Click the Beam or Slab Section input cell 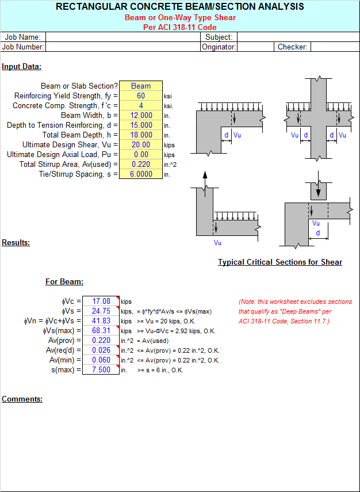click(141, 86)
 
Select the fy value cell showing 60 click(141, 96)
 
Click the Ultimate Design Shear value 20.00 click(141, 145)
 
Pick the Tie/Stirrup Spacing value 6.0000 click(141, 174)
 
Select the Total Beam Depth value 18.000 click(141, 135)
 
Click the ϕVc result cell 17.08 click(101, 301)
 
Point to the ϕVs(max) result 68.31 click(101, 330)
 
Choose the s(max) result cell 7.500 click(101, 369)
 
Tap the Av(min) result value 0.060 click(101, 360)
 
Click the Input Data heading click(21, 67)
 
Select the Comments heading click(22, 399)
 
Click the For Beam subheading click(64, 282)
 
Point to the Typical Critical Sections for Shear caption click(280, 262)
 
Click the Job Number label click(23, 47)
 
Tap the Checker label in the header click(293, 47)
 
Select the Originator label click(219, 47)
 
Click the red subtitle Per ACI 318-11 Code click(180, 27)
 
